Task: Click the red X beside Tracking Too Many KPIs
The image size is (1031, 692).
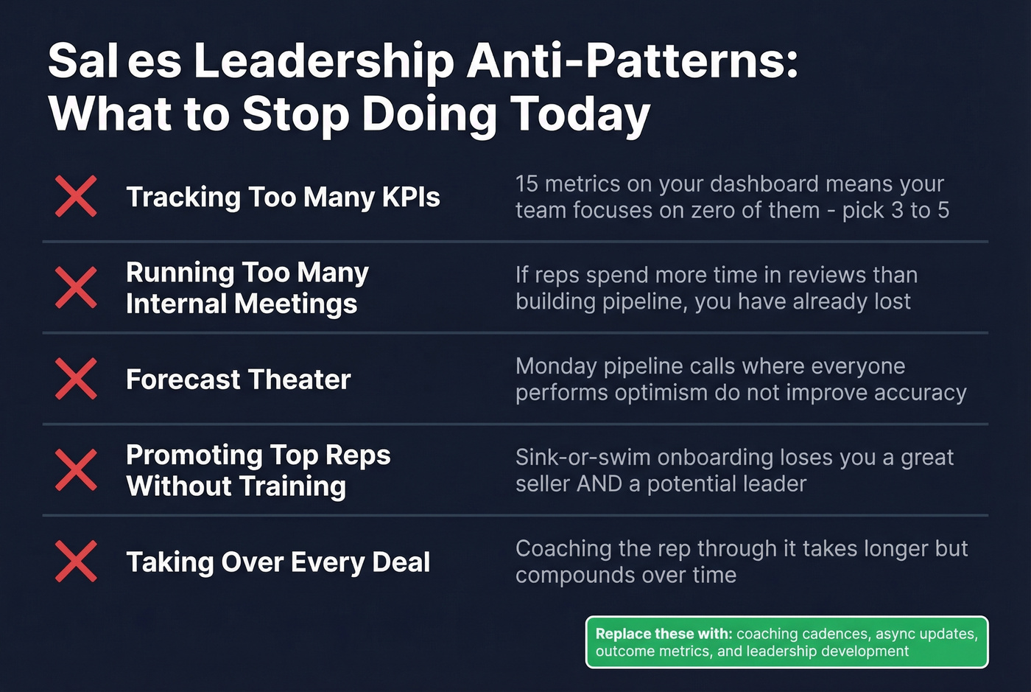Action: pos(76,197)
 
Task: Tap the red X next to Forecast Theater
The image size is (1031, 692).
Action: pos(76,379)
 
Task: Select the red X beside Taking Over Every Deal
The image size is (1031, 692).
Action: pos(76,562)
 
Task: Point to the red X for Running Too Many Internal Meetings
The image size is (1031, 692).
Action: pos(76,287)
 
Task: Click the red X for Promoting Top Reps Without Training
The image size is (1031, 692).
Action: pos(76,470)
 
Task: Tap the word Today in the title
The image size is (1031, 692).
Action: pos(580,114)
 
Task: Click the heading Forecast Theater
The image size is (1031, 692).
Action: pos(238,380)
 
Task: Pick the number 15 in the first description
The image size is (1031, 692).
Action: pos(527,184)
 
